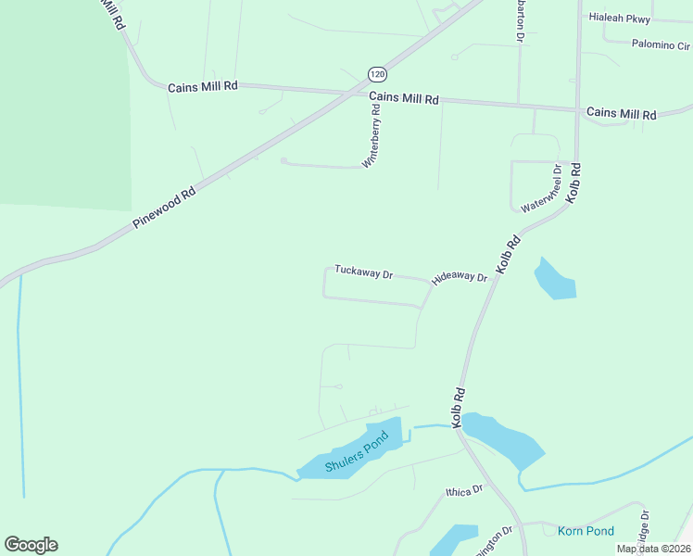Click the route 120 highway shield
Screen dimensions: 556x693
376,73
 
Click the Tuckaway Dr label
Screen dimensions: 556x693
364,273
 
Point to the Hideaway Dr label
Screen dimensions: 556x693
460,277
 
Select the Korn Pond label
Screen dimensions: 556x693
586,531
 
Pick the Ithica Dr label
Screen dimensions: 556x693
464,490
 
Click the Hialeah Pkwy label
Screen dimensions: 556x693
620,19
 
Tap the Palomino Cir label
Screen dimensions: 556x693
661,44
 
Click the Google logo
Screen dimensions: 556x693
31,545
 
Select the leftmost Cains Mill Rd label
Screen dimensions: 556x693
203,86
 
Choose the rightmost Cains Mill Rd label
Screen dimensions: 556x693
621,114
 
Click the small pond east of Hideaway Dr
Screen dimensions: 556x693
555,279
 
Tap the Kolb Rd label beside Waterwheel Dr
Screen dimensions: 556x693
574,183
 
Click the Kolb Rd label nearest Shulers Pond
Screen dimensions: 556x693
457,407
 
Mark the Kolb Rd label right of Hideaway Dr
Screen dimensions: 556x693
509,254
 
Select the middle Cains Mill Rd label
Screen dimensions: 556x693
403,98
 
